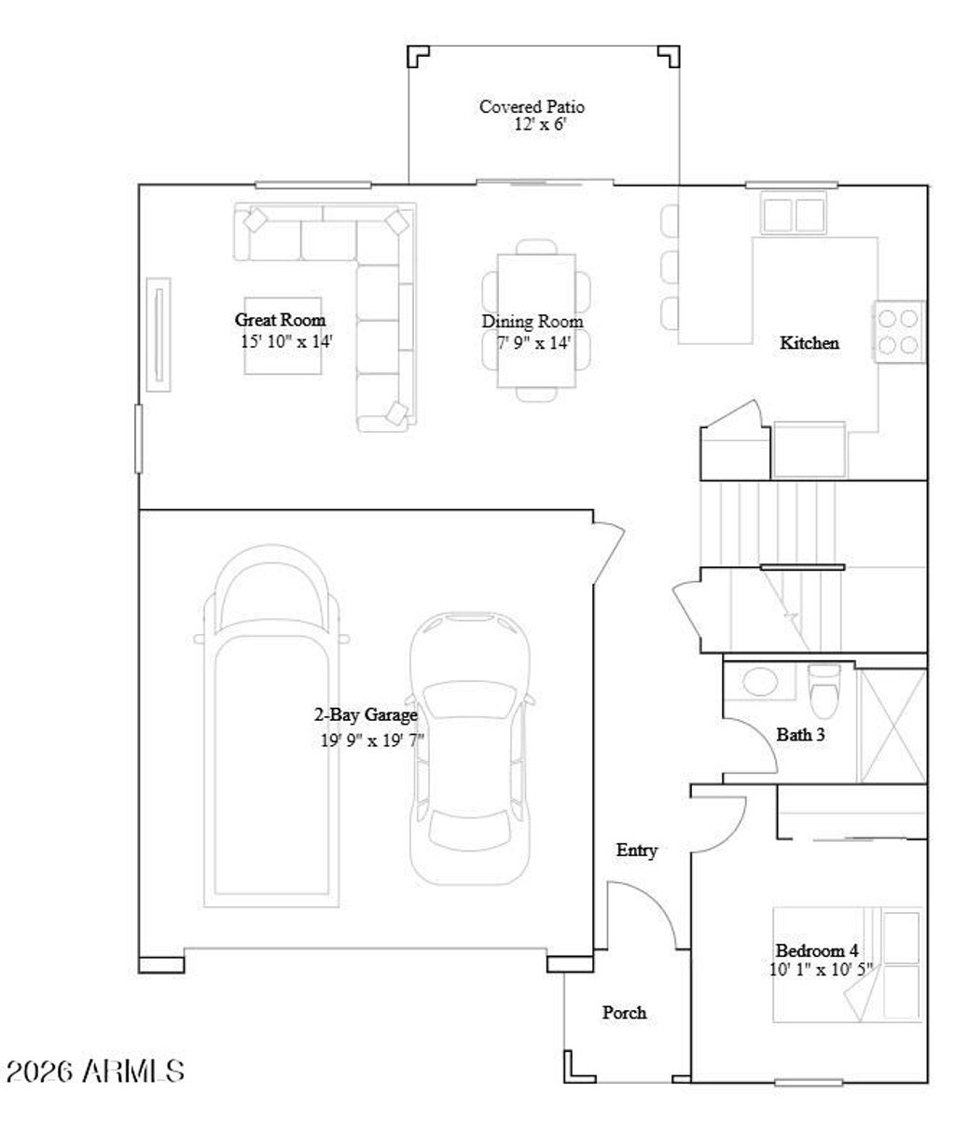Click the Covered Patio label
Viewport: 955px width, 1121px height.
pyautogui.click(x=532, y=106)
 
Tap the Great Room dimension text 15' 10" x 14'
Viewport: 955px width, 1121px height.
pyautogui.click(x=286, y=341)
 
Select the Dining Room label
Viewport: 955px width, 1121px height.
pyautogui.click(x=532, y=322)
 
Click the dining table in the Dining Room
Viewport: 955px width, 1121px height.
pyautogui.click(x=536, y=320)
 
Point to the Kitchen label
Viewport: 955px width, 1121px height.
pyautogui.click(x=809, y=343)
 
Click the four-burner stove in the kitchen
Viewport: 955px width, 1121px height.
pyautogui.click(x=898, y=331)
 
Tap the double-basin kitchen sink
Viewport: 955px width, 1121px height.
pyautogui.click(x=793, y=214)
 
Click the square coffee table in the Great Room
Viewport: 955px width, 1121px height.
pyautogui.click(x=284, y=340)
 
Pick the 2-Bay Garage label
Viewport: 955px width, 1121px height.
pyautogui.click(x=365, y=715)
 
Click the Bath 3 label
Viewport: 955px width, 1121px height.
pyautogui.click(x=800, y=735)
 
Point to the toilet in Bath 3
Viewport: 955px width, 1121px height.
pyautogui.click(x=824, y=687)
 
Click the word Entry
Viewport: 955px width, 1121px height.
pyautogui.click(x=636, y=851)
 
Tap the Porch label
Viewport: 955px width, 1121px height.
pyautogui.click(x=624, y=1012)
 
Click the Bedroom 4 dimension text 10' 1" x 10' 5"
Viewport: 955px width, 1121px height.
pyautogui.click(x=821, y=970)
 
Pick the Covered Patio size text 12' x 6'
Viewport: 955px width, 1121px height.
pyautogui.click(x=539, y=124)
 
